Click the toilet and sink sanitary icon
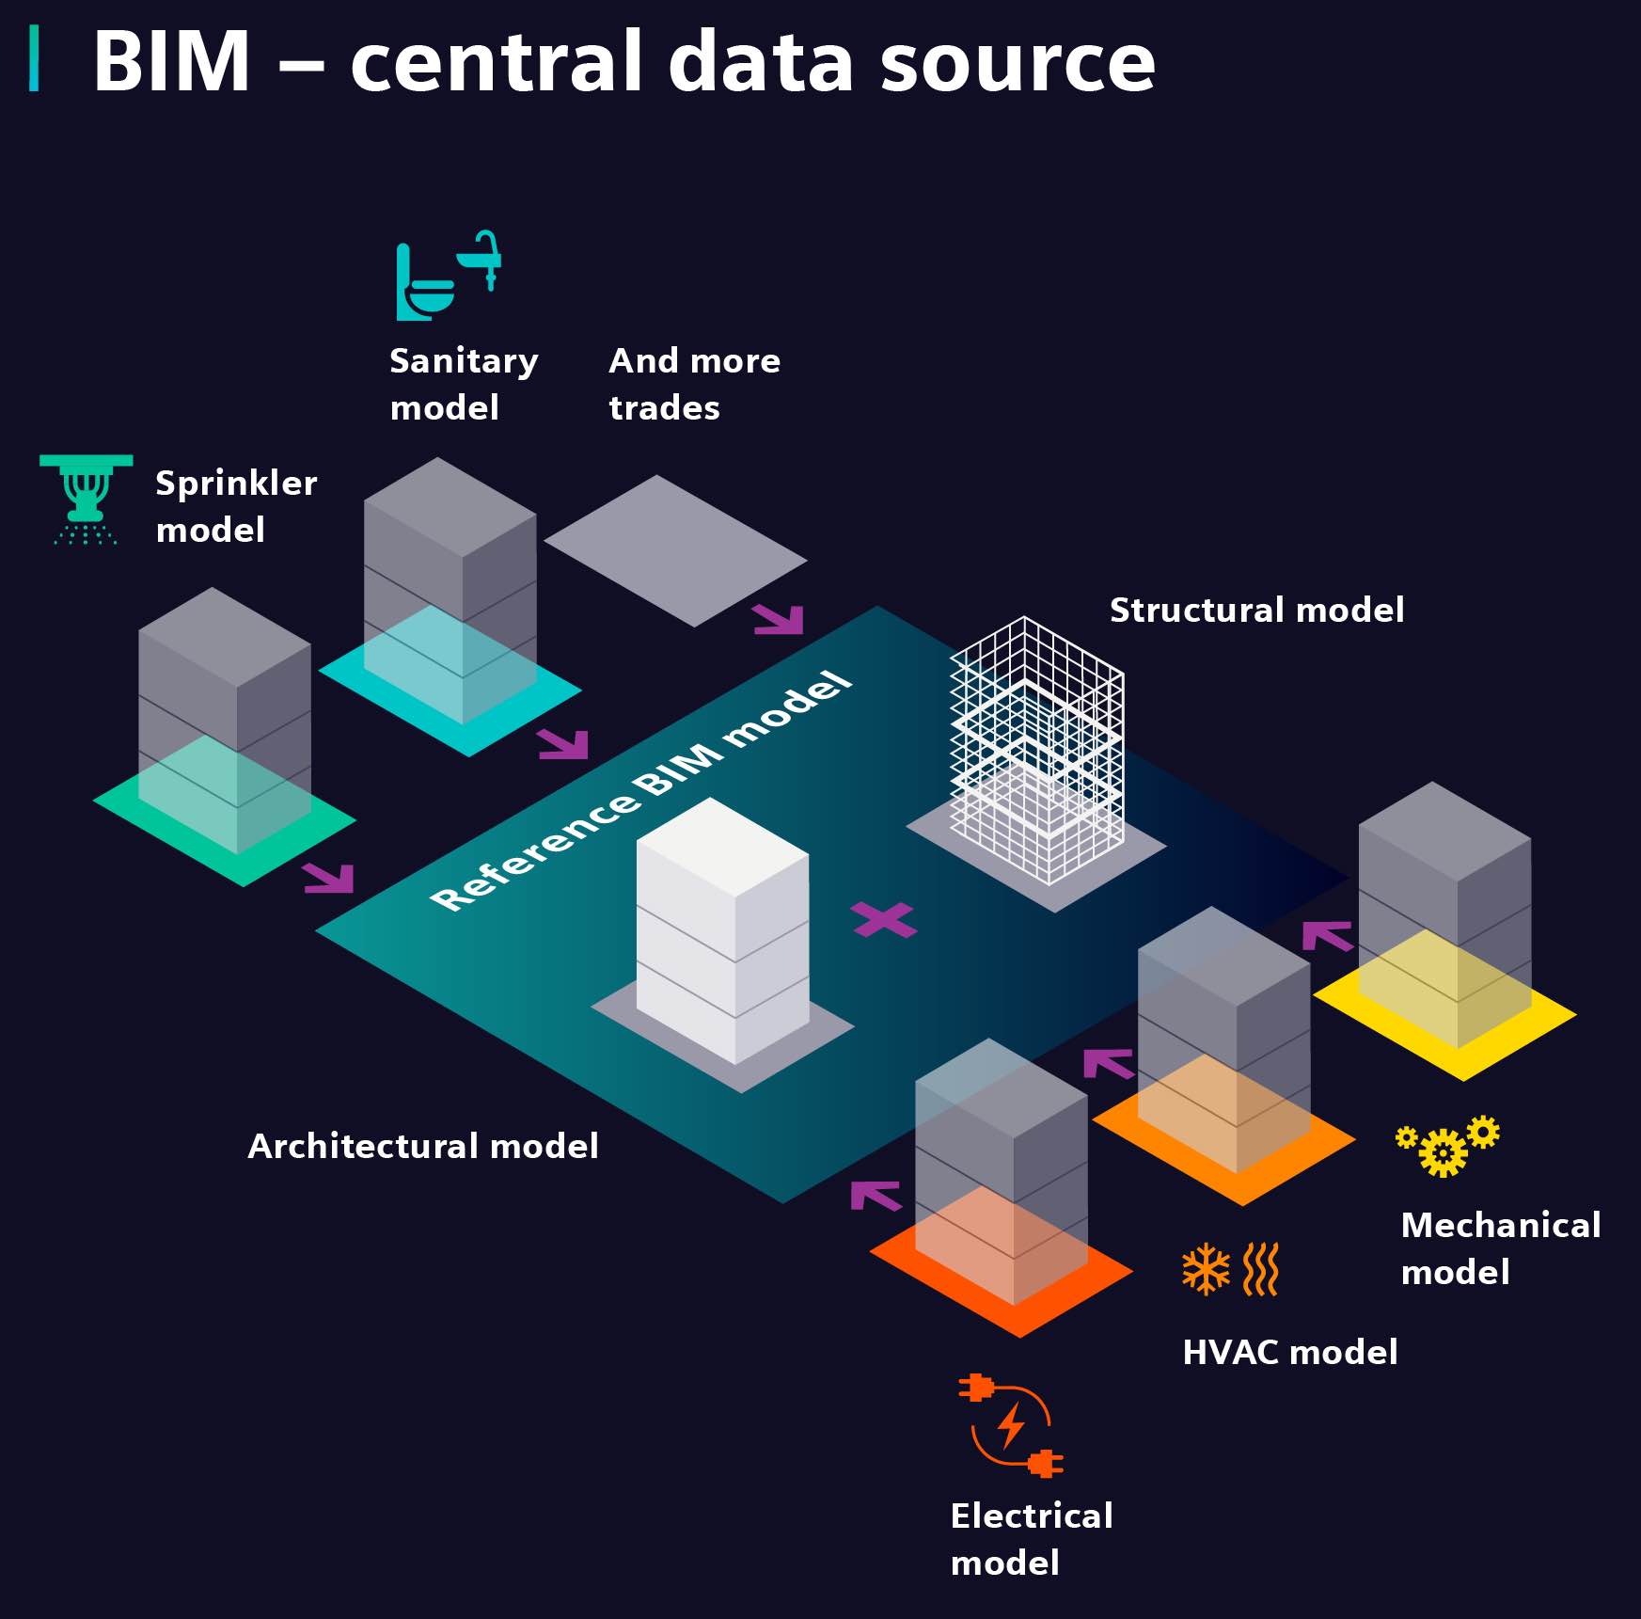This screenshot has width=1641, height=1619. [x=447, y=276]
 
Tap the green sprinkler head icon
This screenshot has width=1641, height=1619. [x=86, y=499]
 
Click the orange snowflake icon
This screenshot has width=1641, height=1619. [x=1206, y=1269]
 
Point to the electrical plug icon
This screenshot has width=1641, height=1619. [x=1011, y=1425]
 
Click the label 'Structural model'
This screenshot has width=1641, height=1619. [x=1256, y=610]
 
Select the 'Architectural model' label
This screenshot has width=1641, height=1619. [x=422, y=1146]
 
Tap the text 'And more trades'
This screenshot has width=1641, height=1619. [x=694, y=384]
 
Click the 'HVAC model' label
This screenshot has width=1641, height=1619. [x=1289, y=1352]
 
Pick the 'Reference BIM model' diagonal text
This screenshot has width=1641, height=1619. [x=640, y=791]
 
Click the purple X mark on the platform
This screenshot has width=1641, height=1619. [x=883, y=920]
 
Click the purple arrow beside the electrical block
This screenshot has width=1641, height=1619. [x=875, y=1195]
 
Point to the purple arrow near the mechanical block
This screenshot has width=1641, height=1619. [x=1327, y=935]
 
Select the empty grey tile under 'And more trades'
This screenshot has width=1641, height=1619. [x=675, y=551]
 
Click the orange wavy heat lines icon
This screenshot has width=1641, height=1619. [x=1261, y=1269]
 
